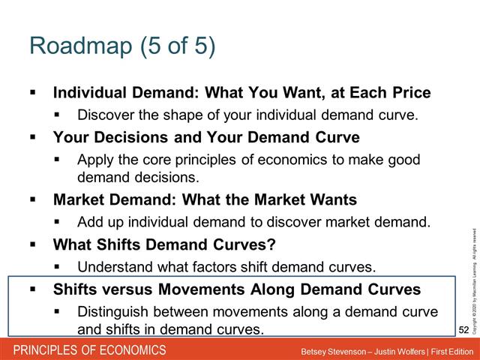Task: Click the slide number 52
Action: click(464, 329)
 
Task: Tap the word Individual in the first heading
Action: click(86, 94)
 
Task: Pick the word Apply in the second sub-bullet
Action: click(94, 160)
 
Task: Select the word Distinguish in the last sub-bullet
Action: click(113, 311)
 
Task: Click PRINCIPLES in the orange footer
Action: click(45, 350)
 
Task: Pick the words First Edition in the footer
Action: click(447, 351)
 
